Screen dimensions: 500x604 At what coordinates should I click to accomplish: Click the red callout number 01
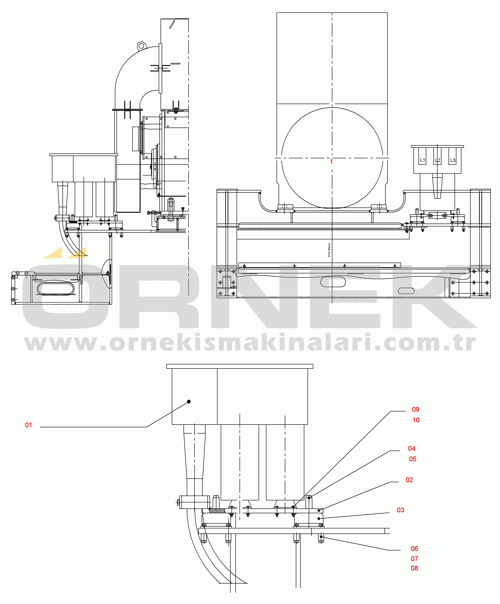28,425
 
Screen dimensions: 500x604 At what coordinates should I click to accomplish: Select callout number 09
415,409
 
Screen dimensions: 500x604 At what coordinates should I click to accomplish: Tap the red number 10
416,420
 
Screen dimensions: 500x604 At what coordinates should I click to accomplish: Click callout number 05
412,459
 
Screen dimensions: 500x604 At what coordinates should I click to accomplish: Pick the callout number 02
409,480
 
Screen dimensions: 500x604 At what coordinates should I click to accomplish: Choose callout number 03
400,510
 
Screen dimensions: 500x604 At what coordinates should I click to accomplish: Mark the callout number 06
414,548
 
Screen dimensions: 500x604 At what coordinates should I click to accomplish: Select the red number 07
414,559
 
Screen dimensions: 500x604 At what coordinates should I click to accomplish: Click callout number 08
414,568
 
